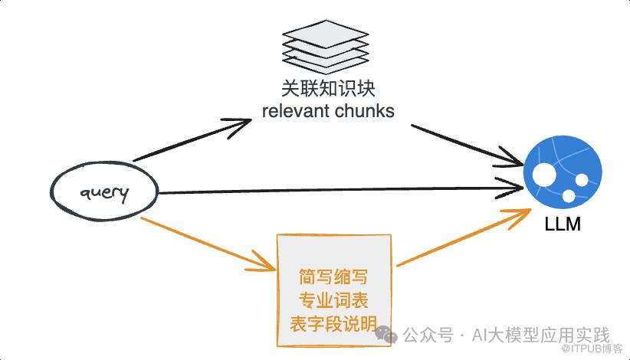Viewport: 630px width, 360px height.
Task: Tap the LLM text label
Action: click(x=562, y=225)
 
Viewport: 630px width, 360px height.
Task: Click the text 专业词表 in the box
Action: click(x=334, y=298)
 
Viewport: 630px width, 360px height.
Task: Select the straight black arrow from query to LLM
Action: click(x=337, y=188)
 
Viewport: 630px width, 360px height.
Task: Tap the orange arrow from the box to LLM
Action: click(x=464, y=240)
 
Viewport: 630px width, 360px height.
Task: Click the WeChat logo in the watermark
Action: click(x=386, y=335)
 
